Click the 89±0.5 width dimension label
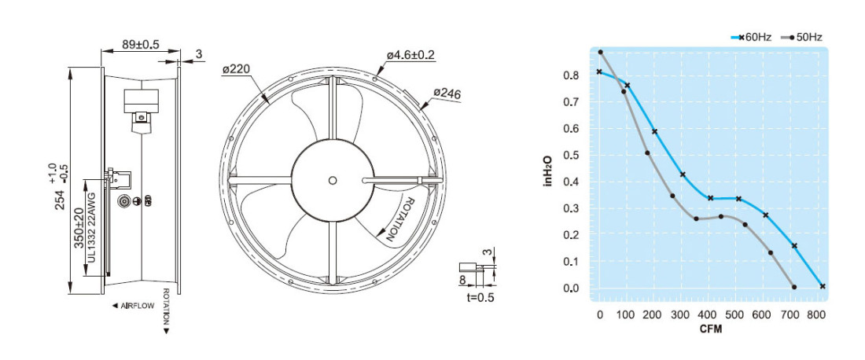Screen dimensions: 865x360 point(140,45)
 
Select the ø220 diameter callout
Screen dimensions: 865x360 point(236,69)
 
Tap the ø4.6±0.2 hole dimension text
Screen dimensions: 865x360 point(410,55)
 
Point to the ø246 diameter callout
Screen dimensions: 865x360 point(447,94)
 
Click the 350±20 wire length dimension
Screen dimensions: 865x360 point(79,227)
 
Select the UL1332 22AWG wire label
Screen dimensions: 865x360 point(91,228)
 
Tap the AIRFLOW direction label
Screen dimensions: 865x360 point(133,306)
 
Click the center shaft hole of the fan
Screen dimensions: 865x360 point(332,180)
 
